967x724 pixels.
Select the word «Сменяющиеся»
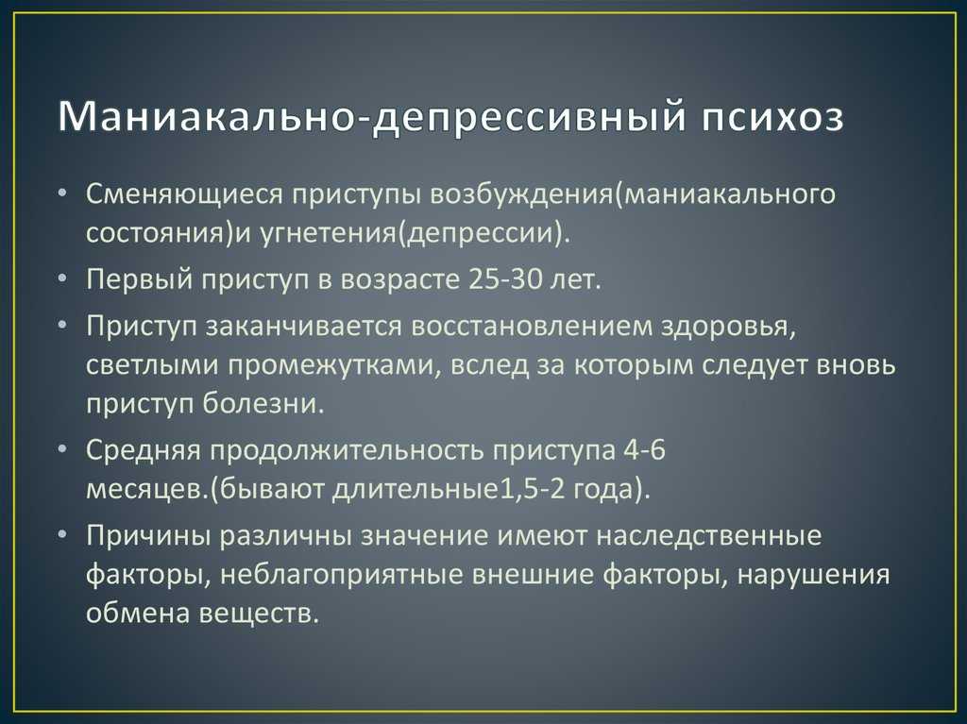point(184,194)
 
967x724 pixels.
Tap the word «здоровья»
point(728,328)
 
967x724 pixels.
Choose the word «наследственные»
point(709,535)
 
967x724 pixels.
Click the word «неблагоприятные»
point(342,576)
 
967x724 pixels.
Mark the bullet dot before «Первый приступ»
point(62,280)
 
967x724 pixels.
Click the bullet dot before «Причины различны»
point(62,535)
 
